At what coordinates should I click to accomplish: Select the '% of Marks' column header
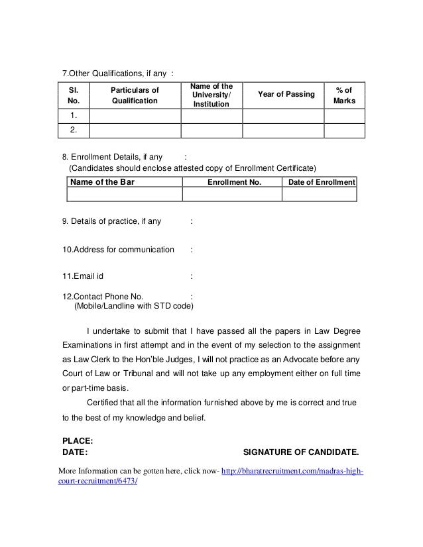[x=345, y=95]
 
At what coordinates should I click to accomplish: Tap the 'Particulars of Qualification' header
[x=135, y=95]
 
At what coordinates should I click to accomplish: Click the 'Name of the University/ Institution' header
[x=211, y=95]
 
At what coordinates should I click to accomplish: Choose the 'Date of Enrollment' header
[x=319, y=181]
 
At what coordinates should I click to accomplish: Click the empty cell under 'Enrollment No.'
[x=232, y=195]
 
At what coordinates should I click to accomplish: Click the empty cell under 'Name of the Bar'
[x=124, y=195]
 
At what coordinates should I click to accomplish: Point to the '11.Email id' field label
[x=82, y=276]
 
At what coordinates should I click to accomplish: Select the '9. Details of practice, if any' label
[x=111, y=221]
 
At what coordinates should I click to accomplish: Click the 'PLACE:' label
[x=77, y=440]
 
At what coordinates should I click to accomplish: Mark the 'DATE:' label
[x=74, y=454]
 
